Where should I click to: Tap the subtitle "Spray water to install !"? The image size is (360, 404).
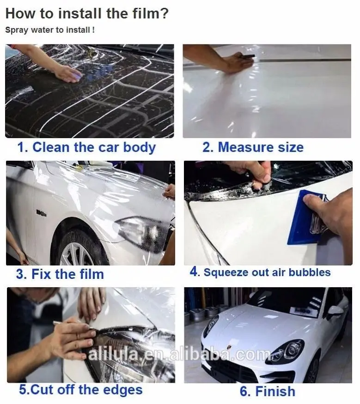(50, 30)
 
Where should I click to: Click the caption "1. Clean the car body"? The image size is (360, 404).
(86, 147)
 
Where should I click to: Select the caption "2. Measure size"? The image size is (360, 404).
(253, 147)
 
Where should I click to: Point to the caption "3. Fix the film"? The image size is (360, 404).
(60, 274)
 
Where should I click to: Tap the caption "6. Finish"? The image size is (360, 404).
(267, 391)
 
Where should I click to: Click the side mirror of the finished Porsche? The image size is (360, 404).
(335, 311)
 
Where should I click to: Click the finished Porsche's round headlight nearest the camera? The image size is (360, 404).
(289, 350)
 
